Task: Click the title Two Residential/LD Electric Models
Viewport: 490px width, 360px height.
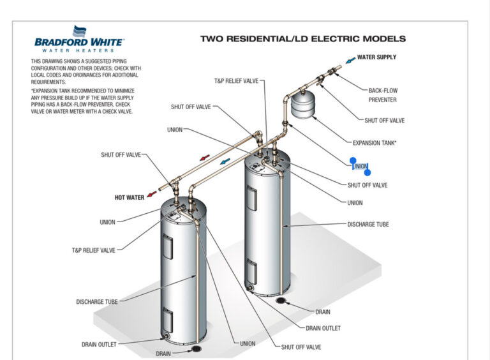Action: point(302,38)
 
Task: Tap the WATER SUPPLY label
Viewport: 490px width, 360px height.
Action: point(376,57)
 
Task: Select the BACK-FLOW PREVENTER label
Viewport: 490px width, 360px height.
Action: point(383,95)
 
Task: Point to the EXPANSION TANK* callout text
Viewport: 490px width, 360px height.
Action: point(375,143)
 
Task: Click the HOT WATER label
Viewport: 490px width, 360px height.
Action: point(130,198)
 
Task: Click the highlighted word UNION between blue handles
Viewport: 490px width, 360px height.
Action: point(360,167)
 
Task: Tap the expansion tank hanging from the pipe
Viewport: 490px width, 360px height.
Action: point(304,105)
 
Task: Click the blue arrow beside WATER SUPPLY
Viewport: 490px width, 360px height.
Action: point(350,60)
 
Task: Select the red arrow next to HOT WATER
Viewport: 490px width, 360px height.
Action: point(151,194)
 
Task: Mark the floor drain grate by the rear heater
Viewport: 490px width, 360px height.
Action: point(281,301)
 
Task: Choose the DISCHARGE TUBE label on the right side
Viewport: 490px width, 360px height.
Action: point(368,225)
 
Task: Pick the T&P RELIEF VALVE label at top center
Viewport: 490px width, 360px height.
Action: point(236,82)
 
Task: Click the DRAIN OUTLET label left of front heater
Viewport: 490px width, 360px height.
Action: point(99,345)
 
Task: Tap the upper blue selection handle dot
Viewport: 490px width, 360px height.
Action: point(353,161)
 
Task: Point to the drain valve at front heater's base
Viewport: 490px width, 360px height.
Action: point(167,336)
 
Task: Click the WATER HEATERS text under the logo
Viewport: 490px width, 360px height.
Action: point(79,50)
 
